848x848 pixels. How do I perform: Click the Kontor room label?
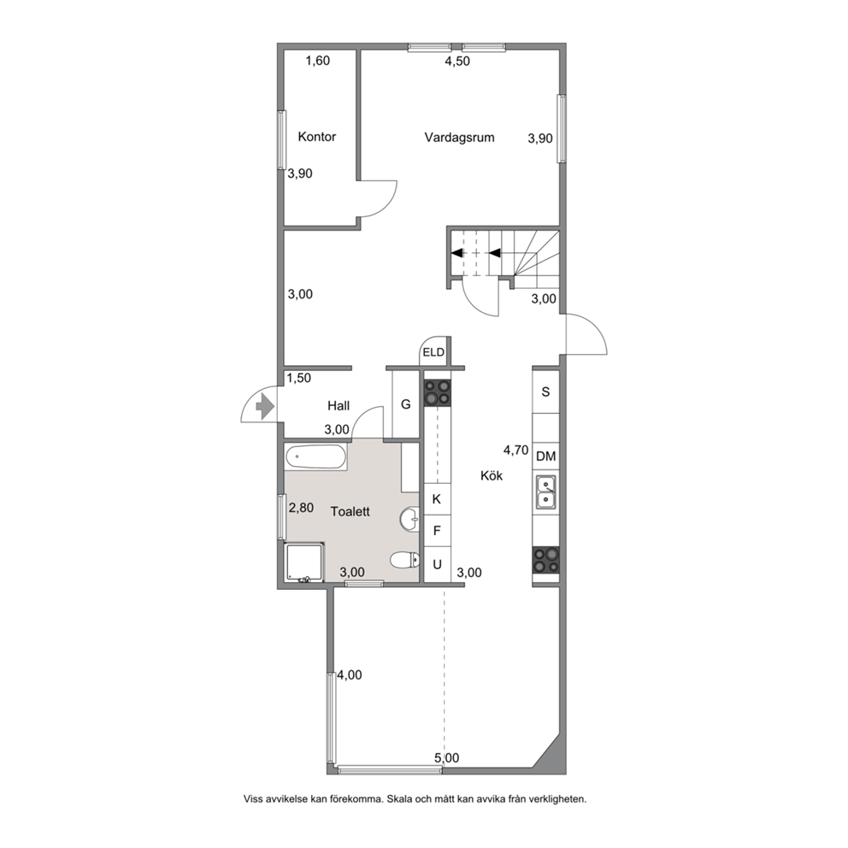(x=317, y=137)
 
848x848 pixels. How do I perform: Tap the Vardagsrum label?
(x=459, y=138)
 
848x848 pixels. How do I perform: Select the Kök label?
(x=492, y=475)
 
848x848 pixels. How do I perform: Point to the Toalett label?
(x=350, y=511)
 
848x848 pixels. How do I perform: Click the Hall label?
(x=339, y=405)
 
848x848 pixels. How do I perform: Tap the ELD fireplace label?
(x=433, y=352)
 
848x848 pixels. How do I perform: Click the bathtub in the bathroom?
(x=315, y=458)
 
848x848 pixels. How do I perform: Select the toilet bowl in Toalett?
(x=404, y=560)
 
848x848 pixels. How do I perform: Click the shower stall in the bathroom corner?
(x=304, y=562)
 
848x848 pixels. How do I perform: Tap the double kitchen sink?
(x=546, y=492)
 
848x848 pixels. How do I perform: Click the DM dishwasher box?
(x=546, y=456)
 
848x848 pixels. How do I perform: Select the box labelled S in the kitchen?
(x=546, y=392)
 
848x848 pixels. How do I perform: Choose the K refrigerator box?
(x=437, y=499)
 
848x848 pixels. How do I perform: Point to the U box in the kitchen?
(x=437, y=564)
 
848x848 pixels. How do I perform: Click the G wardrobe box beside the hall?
(x=405, y=404)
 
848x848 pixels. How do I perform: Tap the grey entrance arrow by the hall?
(x=264, y=406)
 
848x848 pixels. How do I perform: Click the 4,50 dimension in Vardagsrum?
(x=457, y=61)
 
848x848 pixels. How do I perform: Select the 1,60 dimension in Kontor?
(x=317, y=61)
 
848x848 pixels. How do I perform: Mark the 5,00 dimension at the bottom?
(x=447, y=758)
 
